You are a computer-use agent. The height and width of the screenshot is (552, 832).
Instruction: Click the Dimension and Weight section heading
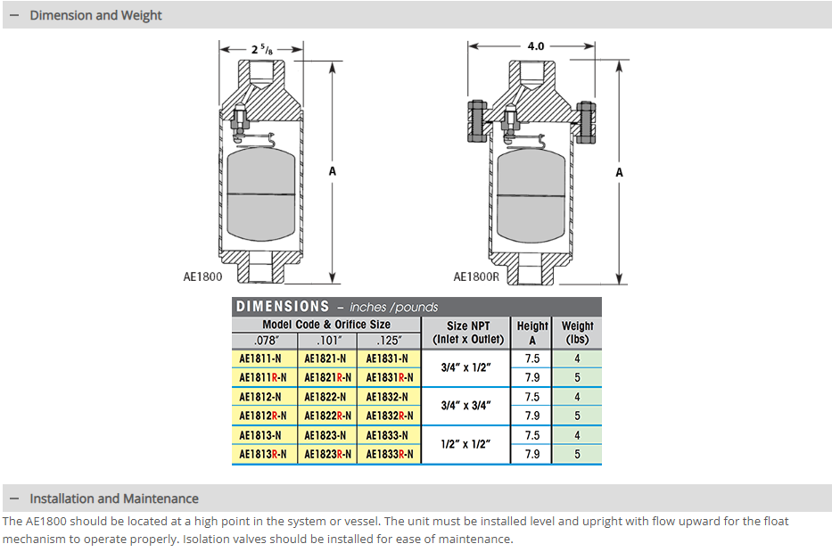click(95, 15)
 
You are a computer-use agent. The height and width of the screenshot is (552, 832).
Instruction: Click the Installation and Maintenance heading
click(113, 498)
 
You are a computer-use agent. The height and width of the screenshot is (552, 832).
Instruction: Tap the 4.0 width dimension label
click(535, 45)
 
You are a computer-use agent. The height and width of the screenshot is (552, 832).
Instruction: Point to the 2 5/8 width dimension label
click(263, 50)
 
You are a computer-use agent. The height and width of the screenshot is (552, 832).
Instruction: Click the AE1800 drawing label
click(202, 277)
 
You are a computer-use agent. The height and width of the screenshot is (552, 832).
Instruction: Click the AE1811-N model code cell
click(260, 358)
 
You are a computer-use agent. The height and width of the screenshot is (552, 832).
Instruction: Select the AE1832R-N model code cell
click(390, 416)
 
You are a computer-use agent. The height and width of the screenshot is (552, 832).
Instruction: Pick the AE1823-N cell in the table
click(325, 435)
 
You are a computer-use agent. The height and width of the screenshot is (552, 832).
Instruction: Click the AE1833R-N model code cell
click(390, 454)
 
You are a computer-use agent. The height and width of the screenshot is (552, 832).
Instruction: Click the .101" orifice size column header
click(325, 340)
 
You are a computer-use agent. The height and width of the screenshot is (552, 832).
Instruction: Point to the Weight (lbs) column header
click(578, 333)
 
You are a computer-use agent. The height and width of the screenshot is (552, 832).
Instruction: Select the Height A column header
click(532, 333)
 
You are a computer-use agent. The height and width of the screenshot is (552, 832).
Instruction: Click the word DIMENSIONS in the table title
click(282, 307)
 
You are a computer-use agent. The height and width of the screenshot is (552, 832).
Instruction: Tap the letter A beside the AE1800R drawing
click(619, 172)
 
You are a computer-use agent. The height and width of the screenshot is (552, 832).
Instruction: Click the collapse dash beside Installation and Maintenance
click(14, 498)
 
